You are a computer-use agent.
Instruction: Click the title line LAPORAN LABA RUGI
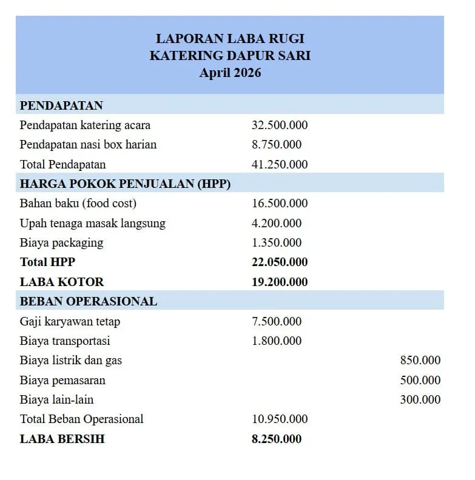coord(230,39)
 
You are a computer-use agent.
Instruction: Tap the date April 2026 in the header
coord(230,73)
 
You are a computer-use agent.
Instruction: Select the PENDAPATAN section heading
coord(61,105)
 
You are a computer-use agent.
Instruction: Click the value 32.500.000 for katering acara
coord(280,125)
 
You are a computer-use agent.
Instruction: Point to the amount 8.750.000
coord(277,145)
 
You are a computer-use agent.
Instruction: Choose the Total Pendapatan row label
coord(62,164)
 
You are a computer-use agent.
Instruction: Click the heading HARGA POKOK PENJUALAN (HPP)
coord(125,184)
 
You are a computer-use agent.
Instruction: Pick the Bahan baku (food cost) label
coord(78,203)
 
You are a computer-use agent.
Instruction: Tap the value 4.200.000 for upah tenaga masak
coord(277,223)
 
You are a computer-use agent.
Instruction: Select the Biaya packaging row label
coord(61,242)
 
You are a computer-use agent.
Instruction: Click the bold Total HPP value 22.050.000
coord(280,262)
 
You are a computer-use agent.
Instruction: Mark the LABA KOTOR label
coord(62,282)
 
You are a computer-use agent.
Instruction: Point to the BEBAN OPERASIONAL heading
coord(89,301)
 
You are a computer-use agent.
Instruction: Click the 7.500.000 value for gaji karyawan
coord(277,321)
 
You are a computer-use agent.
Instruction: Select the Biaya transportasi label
coord(65,341)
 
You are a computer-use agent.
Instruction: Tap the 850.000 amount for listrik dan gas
coord(420,361)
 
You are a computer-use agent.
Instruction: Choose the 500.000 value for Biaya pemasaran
coord(420,380)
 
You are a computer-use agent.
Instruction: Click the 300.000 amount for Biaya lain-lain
coord(420,399)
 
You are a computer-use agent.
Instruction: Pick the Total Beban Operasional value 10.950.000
coord(280,419)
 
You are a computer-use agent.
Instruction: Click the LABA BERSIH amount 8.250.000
coord(277,439)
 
